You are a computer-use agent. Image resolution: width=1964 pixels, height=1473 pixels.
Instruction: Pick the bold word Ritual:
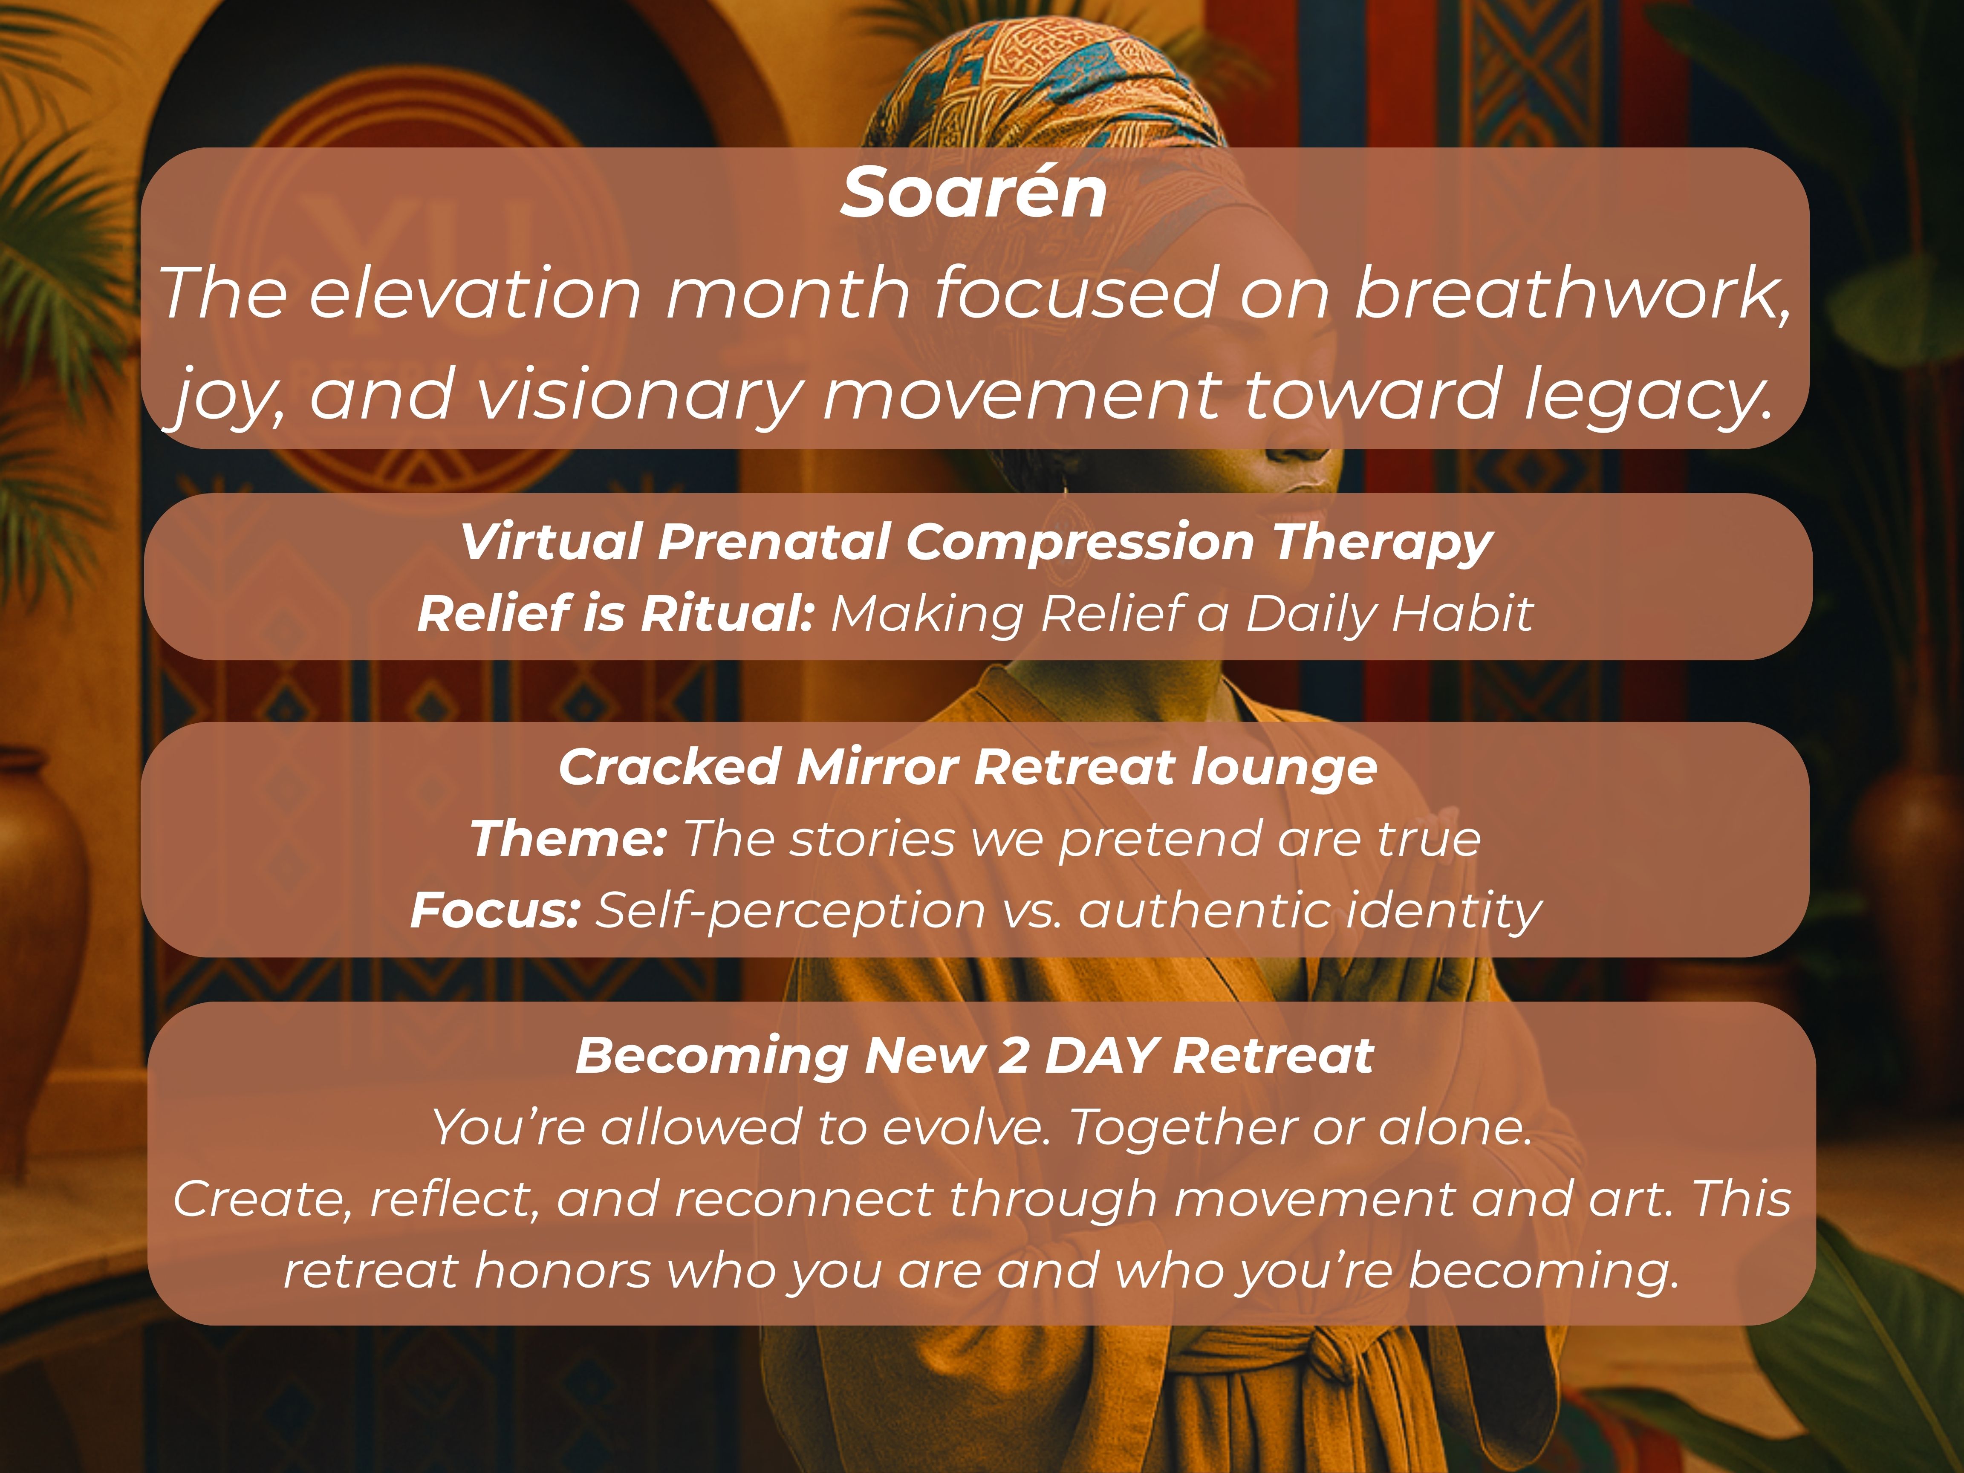[x=727, y=613]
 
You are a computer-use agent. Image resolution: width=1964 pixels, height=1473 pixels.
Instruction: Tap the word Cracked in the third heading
[x=670, y=767]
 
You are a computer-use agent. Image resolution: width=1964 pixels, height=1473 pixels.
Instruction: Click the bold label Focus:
[x=495, y=911]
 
